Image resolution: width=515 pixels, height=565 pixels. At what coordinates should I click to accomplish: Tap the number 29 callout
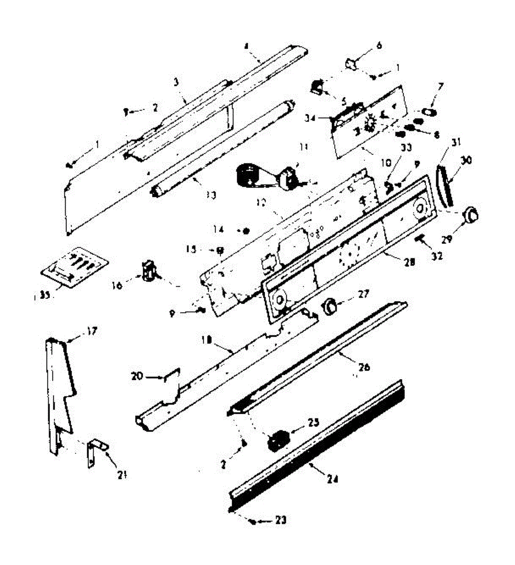pyautogui.click(x=447, y=239)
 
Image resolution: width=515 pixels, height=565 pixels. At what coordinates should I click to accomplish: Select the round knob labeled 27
pyautogui.click(x=330, y=307)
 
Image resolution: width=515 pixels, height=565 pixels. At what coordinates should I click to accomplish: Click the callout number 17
pyautogui.click(x=91, y=331)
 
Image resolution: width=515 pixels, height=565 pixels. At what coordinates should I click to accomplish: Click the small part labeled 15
pyautogui.click(x=219, y=250)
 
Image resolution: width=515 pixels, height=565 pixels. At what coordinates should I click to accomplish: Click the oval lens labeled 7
pyautogui.click(x=428, y=112)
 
